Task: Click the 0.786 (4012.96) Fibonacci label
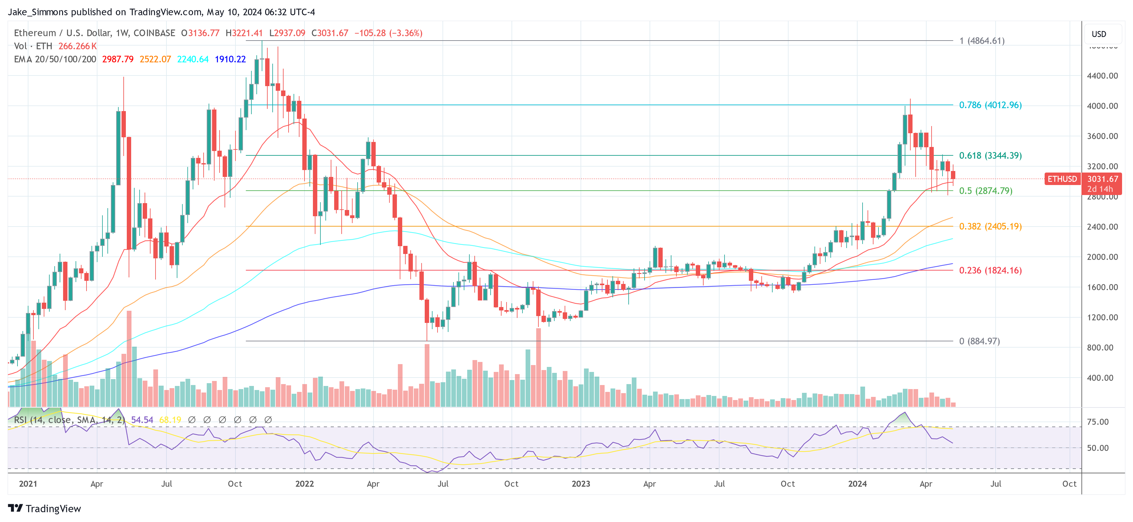coord(990,105)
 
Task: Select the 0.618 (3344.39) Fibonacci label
coord(990,156)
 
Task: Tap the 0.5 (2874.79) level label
coord(985,191)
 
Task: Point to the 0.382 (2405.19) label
coord(990,226)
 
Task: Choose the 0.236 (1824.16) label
coord(990,270)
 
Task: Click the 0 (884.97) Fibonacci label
coord(979,341)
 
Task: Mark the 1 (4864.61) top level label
coord(982,41)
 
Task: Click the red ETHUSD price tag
coord(1062,179)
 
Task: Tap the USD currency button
coord(1098,34)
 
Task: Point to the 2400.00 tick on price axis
coord(1102,227)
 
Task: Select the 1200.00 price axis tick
coord(1102,317)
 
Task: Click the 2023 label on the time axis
coord(581,484)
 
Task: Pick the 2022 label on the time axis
coord(304,484)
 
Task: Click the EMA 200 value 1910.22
coord(230,59)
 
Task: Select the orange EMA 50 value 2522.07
coord(155,59)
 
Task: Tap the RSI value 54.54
coord(142,420)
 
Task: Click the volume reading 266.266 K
coord(77,46)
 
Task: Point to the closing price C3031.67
coord(329,33)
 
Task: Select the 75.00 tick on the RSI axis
coord(1097,422)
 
